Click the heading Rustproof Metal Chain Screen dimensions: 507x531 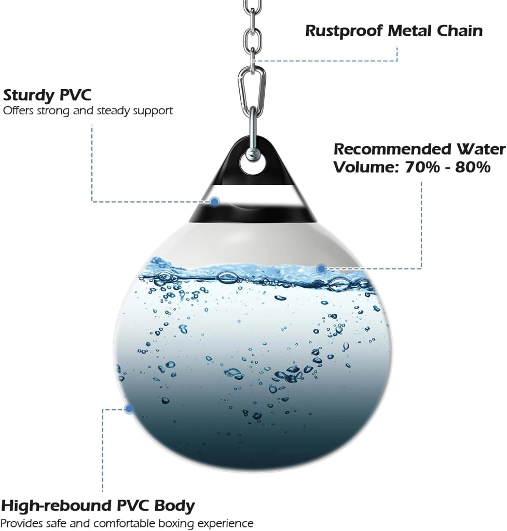pos(394,31)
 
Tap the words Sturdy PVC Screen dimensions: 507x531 pos(47,95)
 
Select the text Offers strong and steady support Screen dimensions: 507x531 pos(88,111)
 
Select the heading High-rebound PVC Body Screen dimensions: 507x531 pos(98,506)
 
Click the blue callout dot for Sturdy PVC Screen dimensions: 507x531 pos(214,202)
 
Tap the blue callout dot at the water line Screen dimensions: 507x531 pos(321,269)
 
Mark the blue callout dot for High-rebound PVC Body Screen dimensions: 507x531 pos(129,409)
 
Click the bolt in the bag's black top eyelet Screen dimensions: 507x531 pos(252,155)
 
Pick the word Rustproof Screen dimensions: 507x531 pos(344,31)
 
